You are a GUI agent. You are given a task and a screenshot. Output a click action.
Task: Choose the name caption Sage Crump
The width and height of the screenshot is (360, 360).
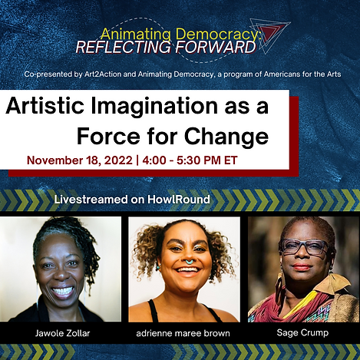[x=302, y=334]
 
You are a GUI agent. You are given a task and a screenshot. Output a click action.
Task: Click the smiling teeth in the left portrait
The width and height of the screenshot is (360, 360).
[x=62, y=291]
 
